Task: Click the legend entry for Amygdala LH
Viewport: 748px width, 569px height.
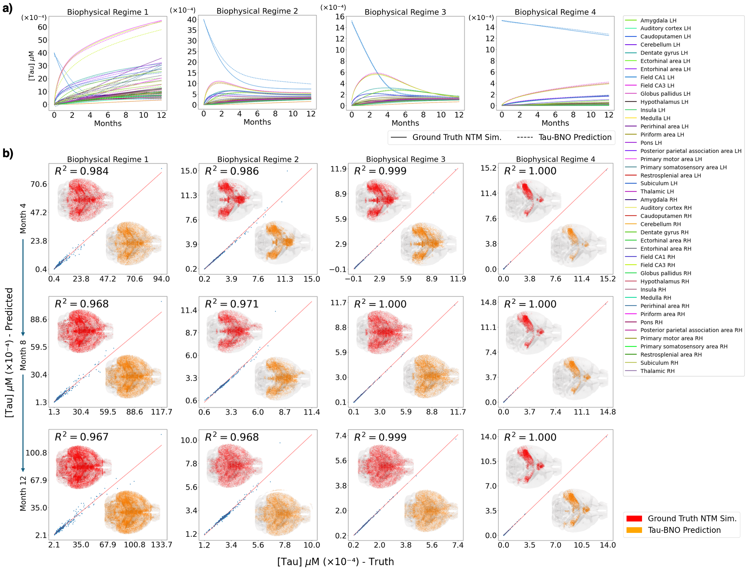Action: pyautogui.click(x=658, y=20)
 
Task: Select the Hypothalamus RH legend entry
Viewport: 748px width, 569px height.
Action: pyautogui.click(x=664, y=281)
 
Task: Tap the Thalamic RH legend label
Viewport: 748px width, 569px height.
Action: pyautogui.click(x=657, y=371)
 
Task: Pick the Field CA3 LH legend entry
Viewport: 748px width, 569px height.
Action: pyautogui.click(x=657, y=85)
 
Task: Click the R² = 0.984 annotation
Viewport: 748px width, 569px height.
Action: pyautogui.click(x=82, y=171)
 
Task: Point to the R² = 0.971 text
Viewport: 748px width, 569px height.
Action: pyautogui.click(x=232, y=304)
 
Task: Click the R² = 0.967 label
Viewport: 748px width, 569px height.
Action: pyautogui.click(x=82, y=437)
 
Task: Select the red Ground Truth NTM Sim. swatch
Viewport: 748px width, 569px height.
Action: pyautogui.click(x=634, y=518)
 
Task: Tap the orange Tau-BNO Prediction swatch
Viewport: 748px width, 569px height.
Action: pyautogui.click(x=634, y=530)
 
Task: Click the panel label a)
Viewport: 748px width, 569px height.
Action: pyautogui.click(x=7, y=8)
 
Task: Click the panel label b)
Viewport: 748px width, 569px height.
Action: pyautogui.click(x=7, y=153)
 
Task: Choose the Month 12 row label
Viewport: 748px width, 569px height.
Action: pyautogui.click(x=23, y=493)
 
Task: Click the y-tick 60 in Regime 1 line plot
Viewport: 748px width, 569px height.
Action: pyautogui.click(x=42, y=27)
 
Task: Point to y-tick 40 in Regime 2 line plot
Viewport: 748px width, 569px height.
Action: pyautogui.click(x=192, y=20)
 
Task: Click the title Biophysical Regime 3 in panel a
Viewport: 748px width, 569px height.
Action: pyautogui.click(x=405, y=12)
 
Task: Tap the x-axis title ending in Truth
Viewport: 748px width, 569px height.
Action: pyautogui.click(x=335, y=562)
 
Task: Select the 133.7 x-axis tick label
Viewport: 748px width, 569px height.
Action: pyautogui.click(x=161, y=545)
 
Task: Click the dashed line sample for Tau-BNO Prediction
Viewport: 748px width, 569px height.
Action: pyautogui.click(x=525, y=137)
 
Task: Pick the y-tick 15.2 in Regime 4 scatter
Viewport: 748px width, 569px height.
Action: pyautogui.click(x=488, y=168)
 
